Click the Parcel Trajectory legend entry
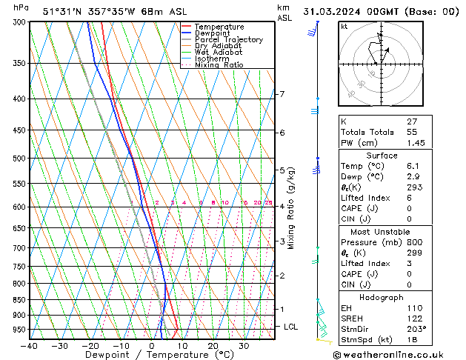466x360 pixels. click(228, 40)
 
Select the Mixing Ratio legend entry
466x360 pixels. click(219, 65)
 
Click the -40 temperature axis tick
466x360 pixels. click(30, 346)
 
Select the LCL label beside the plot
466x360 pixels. click(291, 327)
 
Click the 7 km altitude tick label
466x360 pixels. click(282, 94)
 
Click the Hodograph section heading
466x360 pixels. click(382, 297)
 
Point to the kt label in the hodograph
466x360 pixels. click(344, 26)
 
